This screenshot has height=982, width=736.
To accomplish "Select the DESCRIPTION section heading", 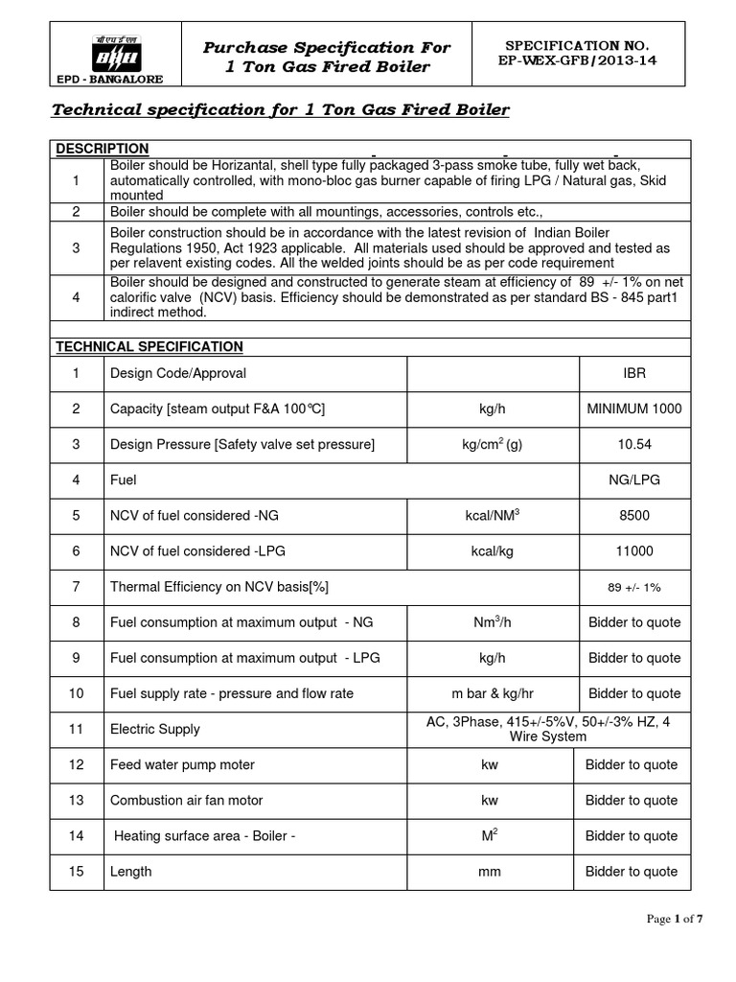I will pos(103,149).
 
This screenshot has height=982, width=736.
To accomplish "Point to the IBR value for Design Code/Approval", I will pos(633,373).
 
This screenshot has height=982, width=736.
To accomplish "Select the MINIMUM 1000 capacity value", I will pos(633,409).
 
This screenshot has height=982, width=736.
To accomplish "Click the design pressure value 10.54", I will pos(633,444).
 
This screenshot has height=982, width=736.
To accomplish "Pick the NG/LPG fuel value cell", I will pos(633,479).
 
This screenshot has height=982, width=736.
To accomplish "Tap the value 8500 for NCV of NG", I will pos(633,515).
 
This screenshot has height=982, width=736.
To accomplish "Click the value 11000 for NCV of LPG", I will pos(633,550).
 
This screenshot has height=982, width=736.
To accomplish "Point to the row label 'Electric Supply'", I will pos(155,729).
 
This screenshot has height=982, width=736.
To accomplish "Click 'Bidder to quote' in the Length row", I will pos(633,872).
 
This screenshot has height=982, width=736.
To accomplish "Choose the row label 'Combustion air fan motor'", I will pos(186,800).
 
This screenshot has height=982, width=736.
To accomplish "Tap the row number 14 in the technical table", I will pos(77,835).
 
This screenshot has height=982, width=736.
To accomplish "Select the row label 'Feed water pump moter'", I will pos(182,764).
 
